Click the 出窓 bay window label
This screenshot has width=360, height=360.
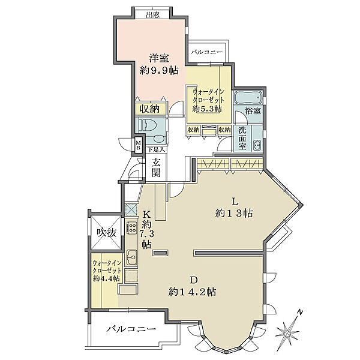152,15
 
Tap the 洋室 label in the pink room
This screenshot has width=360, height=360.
159,58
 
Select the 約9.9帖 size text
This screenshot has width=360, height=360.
159,70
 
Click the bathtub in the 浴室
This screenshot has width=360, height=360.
248,97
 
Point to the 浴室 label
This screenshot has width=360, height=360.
253,111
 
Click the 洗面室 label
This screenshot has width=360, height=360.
242,138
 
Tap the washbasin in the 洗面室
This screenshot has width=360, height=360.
257,145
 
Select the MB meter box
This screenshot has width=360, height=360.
139,145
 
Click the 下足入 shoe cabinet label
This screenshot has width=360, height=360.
155,150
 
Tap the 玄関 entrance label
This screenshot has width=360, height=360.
156,167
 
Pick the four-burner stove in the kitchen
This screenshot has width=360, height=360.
132,228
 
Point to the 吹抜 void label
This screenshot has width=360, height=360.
106,233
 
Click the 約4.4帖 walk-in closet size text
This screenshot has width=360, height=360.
107,278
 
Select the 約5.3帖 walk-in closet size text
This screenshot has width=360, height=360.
207,109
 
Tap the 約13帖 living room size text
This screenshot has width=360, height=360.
234,213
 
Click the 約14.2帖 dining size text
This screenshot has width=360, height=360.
192,292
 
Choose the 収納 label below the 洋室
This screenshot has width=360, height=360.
150,109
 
